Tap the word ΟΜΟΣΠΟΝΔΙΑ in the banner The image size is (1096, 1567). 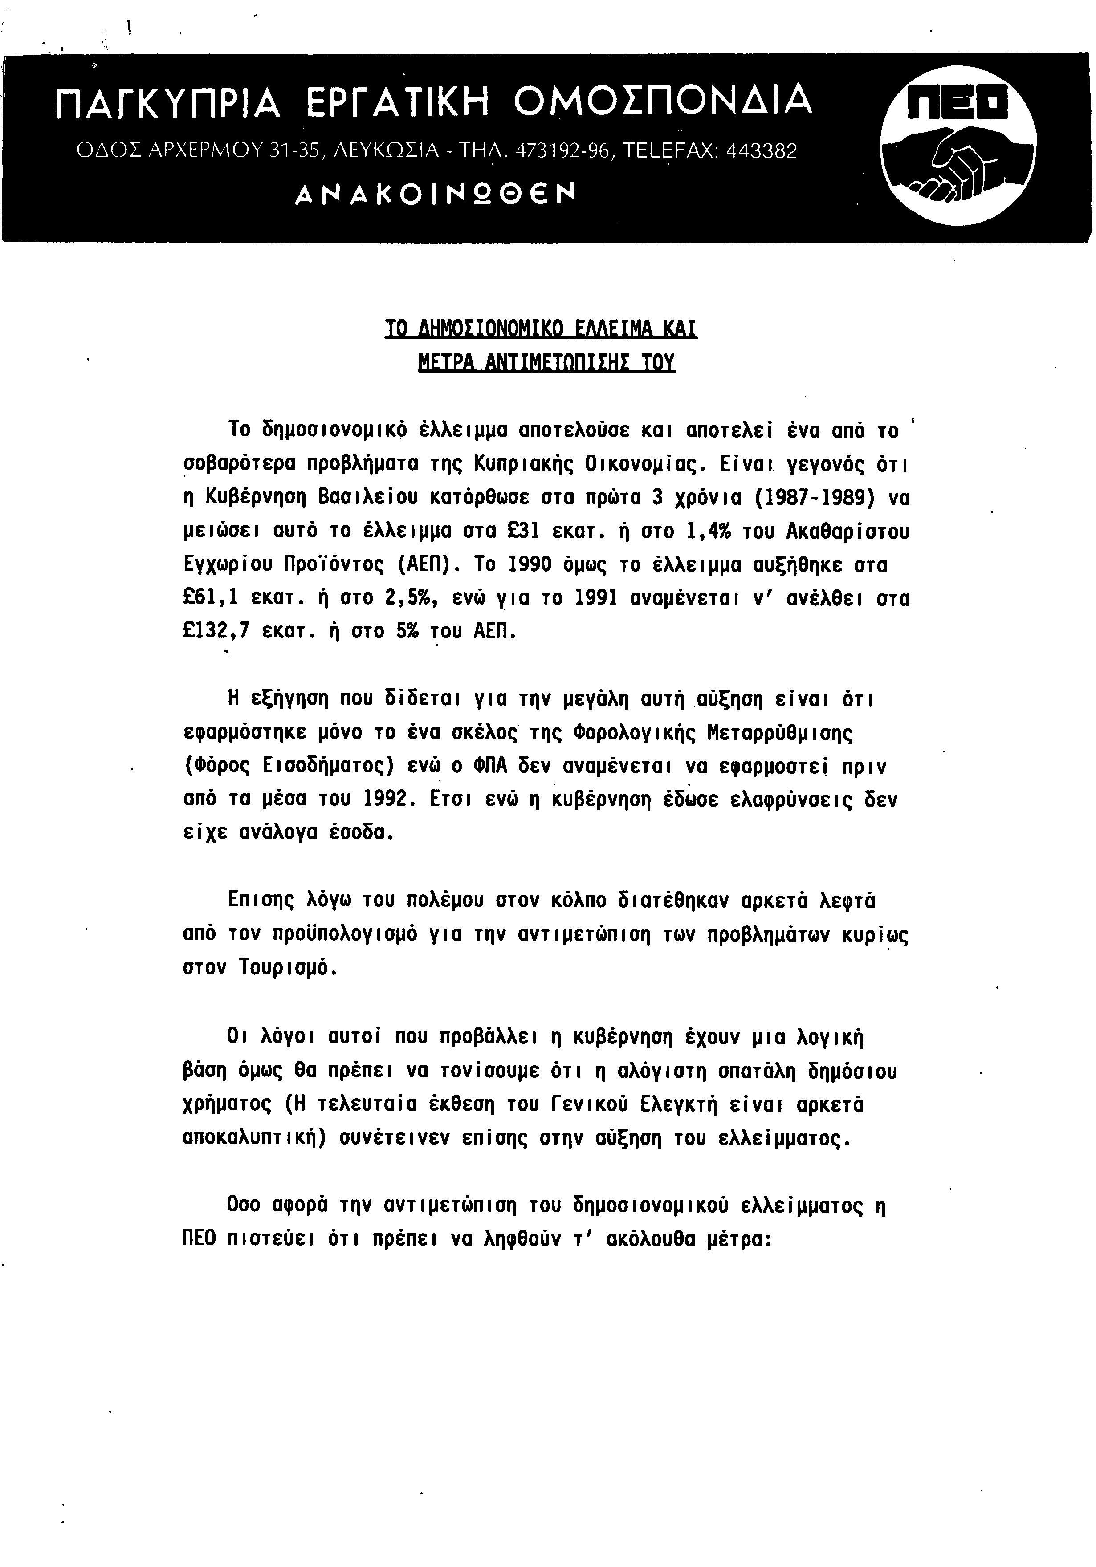(x=662, y=101)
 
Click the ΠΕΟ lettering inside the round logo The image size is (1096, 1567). (x=958, y=102)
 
